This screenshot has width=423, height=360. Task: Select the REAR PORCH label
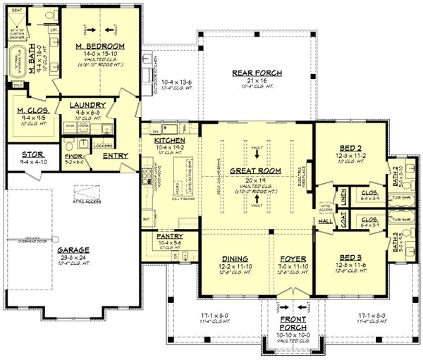[x=257, y=73]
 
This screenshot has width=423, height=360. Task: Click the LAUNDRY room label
[x=87, y=106]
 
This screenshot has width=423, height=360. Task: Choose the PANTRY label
[x=171, y=236]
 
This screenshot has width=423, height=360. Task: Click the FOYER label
[x=291, y=258]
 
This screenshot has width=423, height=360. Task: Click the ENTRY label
[x=115, y=156]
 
